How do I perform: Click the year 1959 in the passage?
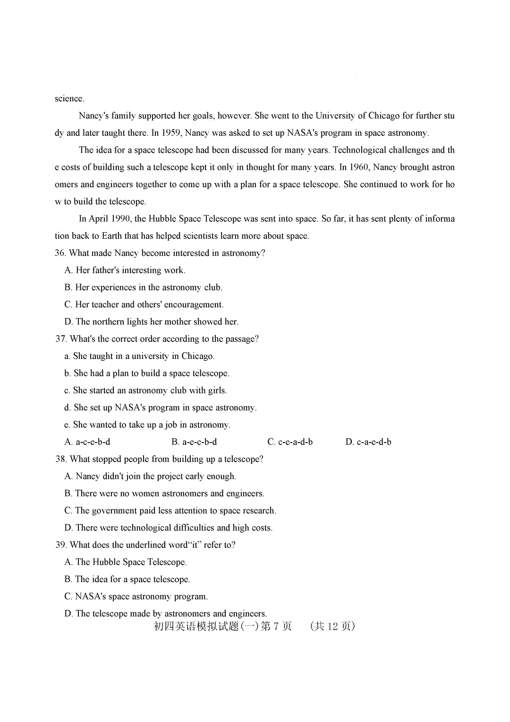pyautogui.click(x=171, y=133)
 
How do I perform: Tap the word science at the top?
pyautogui.click(x=69, y=98)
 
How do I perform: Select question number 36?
pyautogui.click(x=60, y=253)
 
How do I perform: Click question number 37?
pyautogui.click(x=60, y=339)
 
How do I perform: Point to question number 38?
pyautogui.click(x=60, y=459)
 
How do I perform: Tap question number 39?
pyautogui.click(x=60, y=545)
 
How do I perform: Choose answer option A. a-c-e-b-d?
pyautogui.click(x=87, y=442)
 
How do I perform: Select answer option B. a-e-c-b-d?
pyautogui.click(x=194, y=442)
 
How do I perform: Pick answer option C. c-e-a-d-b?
pyautogui.click(x=290, y=442)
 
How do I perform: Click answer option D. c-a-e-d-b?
pyautogui.click(x=368, y=442)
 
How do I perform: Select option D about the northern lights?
pyautogui.click(x=152, y=322)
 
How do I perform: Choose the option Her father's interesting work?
pyautogui.click(x=125, y=270)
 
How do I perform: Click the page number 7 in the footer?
pyautogui.click(x=276, y=626)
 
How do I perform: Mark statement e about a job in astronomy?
pyautogui.click(x=147, y=425)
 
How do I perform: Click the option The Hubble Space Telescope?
pyautogui.click(x=126, y=562)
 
